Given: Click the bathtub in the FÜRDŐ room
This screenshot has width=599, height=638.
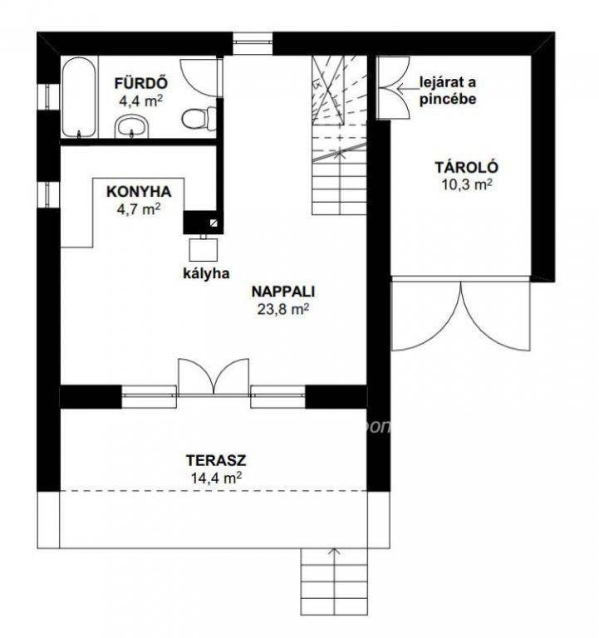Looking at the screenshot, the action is pyautogui.click(x=80, y=97).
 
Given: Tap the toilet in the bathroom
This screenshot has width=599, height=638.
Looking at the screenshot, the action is pyautogui.click(x=199, y=119).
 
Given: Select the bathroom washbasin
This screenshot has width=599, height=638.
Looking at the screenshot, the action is pyautogui.click(x=131, y=126).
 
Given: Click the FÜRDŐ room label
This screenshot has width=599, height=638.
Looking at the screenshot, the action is pyautogui.click(x=140, y=83).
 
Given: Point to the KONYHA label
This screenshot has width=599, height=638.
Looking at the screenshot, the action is pyautogui.click(x=139, y=192).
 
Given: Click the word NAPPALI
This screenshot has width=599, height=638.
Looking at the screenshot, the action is pyautogui.click(x=283, y=292).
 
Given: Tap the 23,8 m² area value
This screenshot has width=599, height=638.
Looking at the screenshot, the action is pyautogui.click(x=282, y=310).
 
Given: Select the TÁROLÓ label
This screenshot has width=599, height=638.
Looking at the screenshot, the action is pyautogui.click(x=467, y=167).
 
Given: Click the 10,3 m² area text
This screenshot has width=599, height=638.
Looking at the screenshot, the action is pyautogui.click(x=467, y=184).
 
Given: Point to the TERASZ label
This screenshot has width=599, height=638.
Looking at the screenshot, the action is pyautogui.click(x=216, y=460).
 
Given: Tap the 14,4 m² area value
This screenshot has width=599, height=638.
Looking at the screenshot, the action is pyautogui.click(x=216, y=478).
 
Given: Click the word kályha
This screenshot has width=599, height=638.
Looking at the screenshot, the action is pyautogui.click(x=206, y=273).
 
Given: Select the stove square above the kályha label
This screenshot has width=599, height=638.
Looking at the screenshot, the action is pyautogui.click(x=204, y=249).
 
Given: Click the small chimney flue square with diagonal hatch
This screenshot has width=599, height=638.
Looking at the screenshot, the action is pyautogui.click(x=214, y=223).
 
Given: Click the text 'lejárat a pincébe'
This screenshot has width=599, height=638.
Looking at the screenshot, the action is pyautogui.click(x=448, y=91).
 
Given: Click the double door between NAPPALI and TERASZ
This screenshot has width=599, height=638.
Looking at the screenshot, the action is pyautogui.click(x=214, y=376).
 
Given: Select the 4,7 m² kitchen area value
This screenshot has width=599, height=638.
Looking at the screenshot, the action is pyautogui.click(x=139, y=209).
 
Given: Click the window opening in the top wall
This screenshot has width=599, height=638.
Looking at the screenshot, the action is pyautogui.click(x=253, y=43).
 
